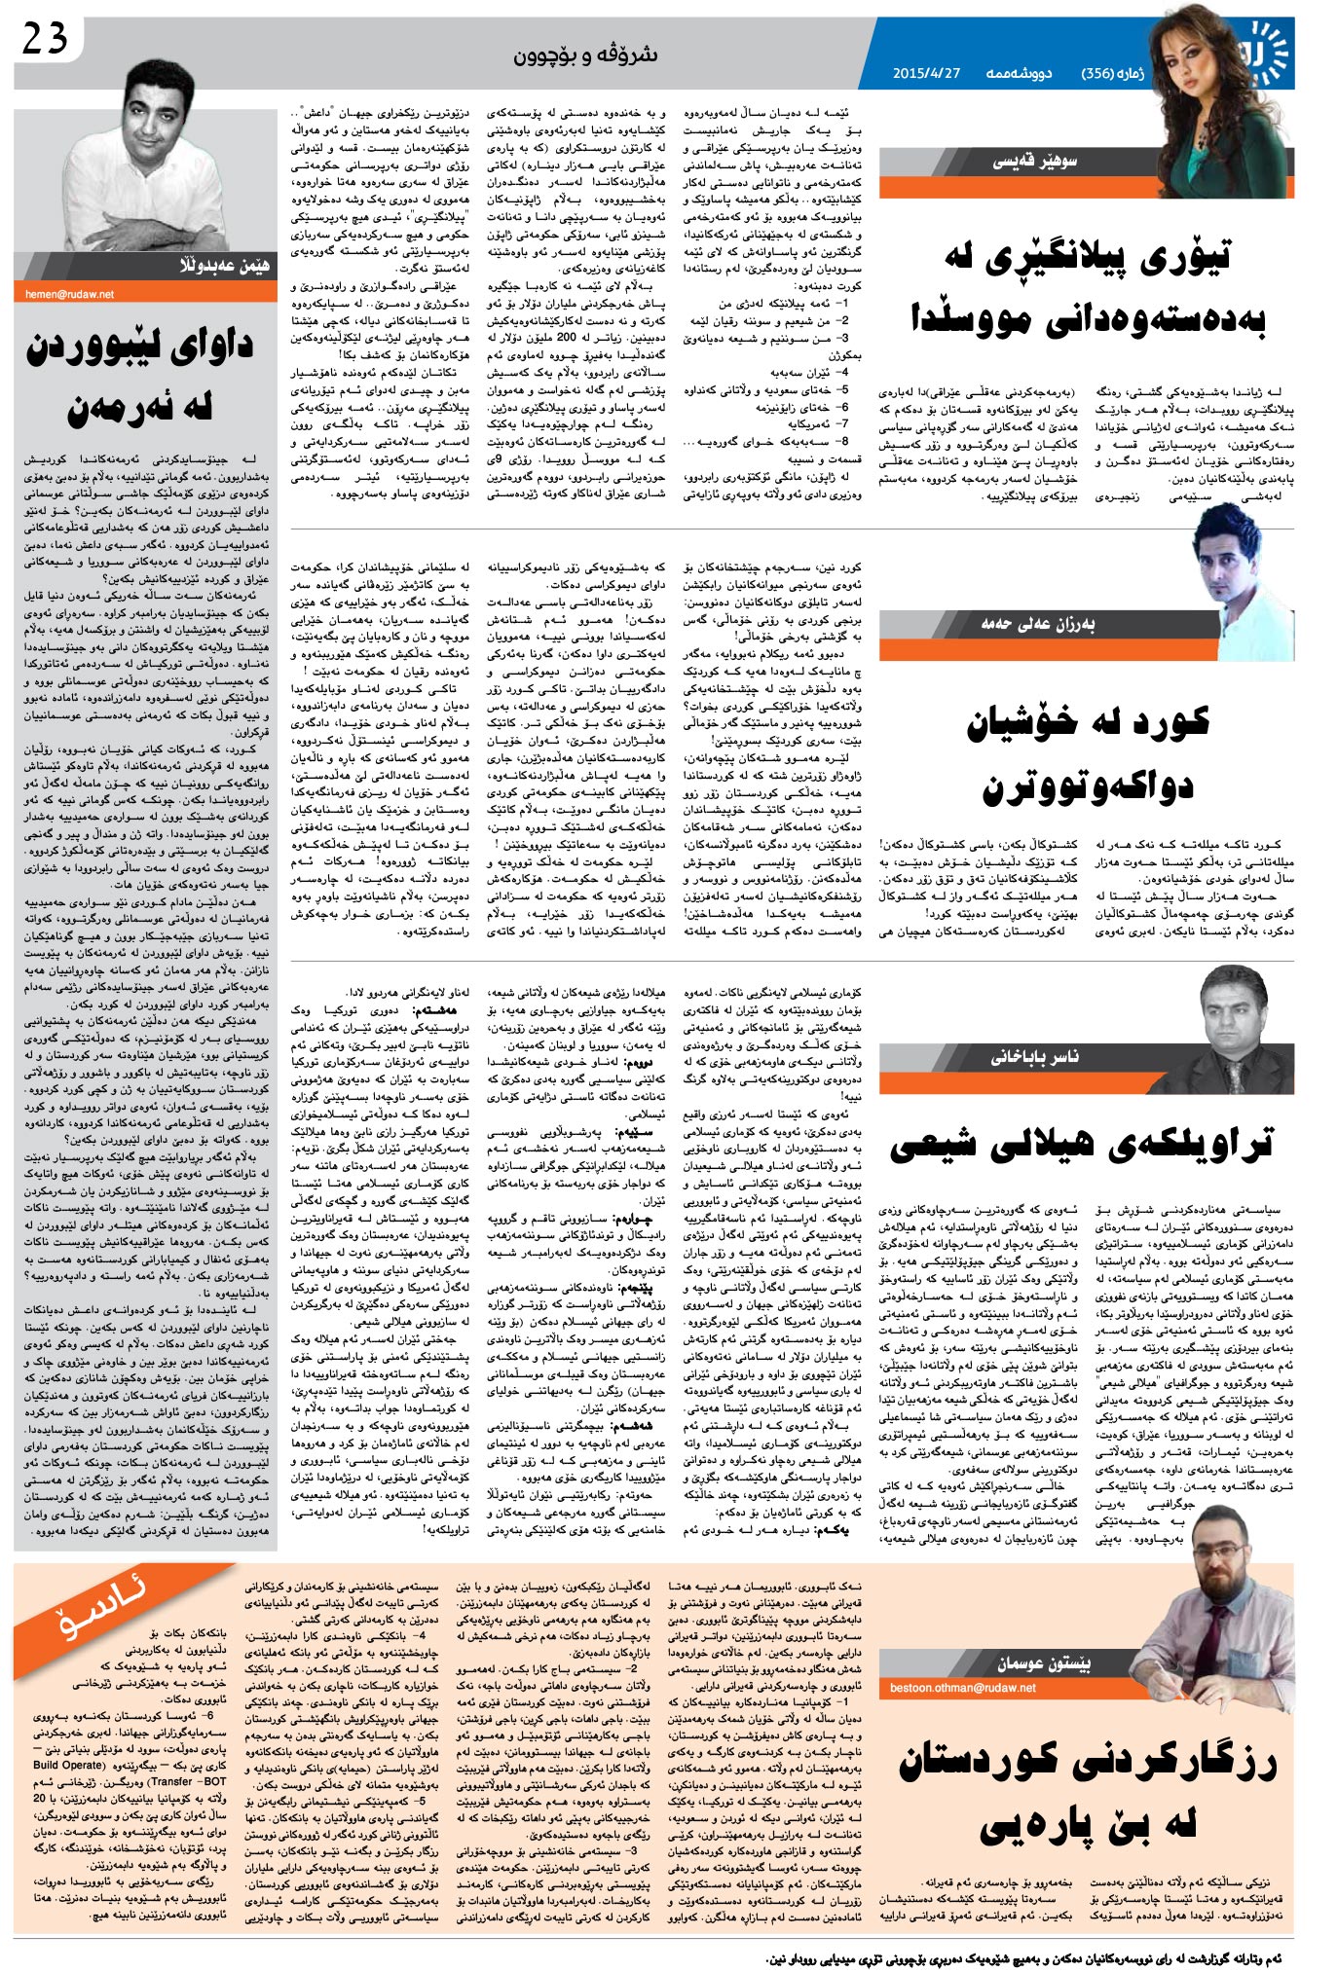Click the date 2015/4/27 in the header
[x=926, y=73]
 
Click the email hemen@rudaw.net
[x=70, y=294]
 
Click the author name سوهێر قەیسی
[x=1034, y=162]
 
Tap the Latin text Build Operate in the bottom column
[x=68, y=1765]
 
